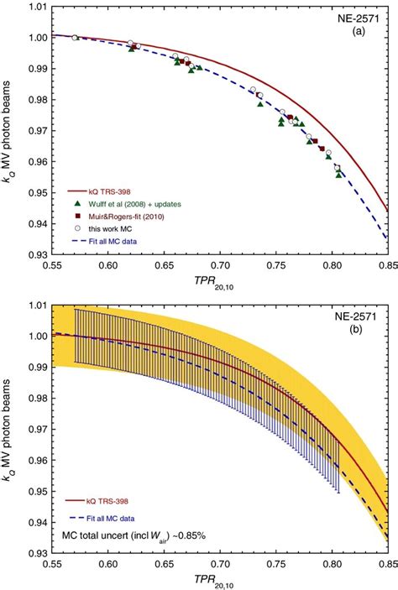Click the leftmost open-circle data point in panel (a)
(75, 38)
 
